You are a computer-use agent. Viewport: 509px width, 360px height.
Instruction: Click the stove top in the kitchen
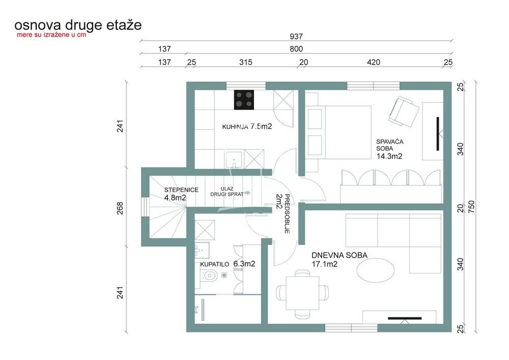click(244, 99)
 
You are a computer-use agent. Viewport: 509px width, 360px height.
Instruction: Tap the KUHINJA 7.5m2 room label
click(247, 126)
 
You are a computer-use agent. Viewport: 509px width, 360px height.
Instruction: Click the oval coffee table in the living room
click(375, 269)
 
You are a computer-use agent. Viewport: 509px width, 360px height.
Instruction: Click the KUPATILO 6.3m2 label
click(228, 264)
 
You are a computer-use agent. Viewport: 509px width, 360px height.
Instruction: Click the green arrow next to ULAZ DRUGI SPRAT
click(247, 193)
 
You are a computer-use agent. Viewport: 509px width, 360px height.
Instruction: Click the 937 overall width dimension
click(296, 36)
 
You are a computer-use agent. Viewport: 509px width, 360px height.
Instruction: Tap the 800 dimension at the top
click(296, 49)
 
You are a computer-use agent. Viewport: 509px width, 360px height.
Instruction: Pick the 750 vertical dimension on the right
click(471, 207)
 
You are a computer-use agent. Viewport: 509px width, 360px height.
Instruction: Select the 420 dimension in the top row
click(374, 63)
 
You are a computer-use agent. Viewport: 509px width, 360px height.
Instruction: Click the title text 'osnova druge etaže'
click(78, 24)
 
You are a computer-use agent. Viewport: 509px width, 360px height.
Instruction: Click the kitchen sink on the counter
click(235, 158)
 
